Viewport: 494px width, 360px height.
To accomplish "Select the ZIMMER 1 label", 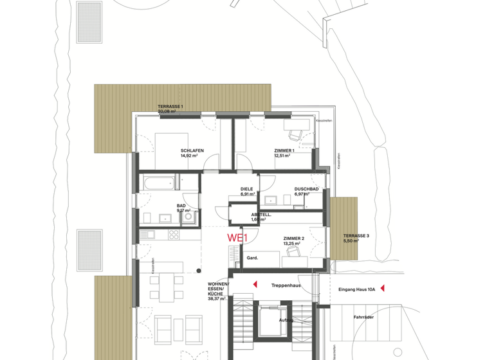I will (x=284, y=150).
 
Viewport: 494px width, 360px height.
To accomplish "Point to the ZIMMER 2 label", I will (x=293, y=239).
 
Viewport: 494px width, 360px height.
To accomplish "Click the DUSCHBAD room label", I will (x=306, y=189).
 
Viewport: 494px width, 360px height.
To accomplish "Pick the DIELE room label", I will (x=247, y=189).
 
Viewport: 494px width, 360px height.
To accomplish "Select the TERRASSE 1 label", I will (x=170, y=106).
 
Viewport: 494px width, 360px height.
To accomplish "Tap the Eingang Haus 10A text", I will (x=357, y=290).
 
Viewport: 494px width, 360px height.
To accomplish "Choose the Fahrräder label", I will (x=363, y=317).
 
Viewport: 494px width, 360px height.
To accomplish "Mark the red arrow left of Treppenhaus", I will (x=255, y=283).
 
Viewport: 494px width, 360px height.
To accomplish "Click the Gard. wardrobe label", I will (x=252, y=258).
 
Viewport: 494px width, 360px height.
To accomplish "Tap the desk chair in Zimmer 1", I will (x=295, y=135).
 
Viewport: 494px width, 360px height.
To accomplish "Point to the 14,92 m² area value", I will (x=189, y=156).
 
